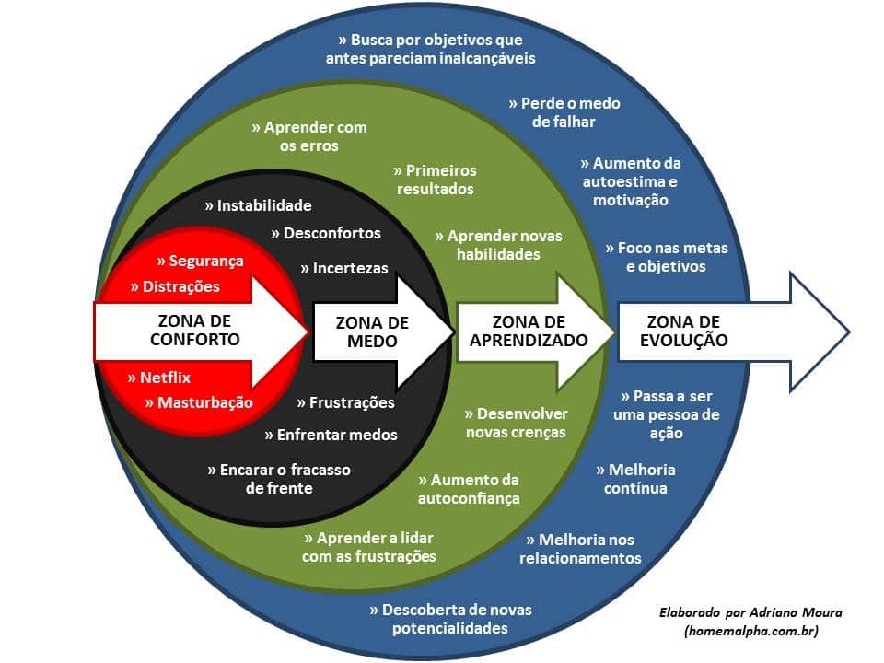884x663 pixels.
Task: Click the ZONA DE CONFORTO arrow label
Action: [x=194, y=330]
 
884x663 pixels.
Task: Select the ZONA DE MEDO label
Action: [x=372, y=331]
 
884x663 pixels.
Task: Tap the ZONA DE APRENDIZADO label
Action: [x=529, y=331]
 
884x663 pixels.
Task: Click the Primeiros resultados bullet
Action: [x=436, y=180]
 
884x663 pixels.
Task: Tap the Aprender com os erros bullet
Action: [x=309, y=136]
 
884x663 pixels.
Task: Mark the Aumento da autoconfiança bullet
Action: [x=469, y=489]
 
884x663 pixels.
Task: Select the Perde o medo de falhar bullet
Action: [x=564, y=112]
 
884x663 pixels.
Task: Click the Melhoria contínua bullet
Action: [x=635, y=478]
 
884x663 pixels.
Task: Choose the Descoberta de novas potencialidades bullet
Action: [x=450, y=619]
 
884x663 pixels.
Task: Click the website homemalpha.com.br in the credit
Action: [x=750, y=631]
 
